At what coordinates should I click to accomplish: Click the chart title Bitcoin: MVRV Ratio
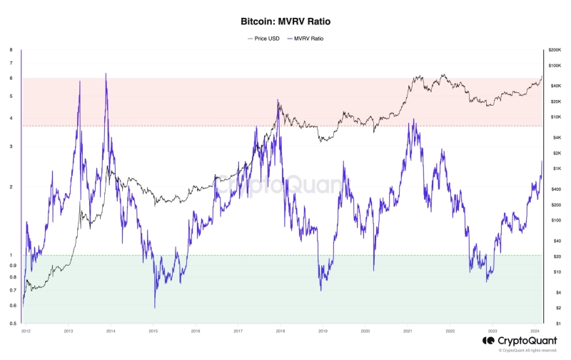point(285,22)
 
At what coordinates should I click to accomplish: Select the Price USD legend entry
point(263,38)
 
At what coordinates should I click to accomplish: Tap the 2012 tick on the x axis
point(26,331)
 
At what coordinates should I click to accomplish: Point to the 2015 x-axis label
point(153,331)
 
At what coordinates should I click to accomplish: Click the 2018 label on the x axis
point(281,331)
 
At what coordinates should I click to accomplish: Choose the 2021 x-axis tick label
point(408,331)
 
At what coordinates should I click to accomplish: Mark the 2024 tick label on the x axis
point(535,331)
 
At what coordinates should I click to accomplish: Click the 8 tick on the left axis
point(11,50)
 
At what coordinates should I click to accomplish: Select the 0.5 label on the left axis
point(11,324)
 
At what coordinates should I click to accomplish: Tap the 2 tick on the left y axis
point(11,187)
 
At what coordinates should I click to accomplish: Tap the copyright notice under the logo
point(528,351)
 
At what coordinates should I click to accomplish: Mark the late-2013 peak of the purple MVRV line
point(106,74)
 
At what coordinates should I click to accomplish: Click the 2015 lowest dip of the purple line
point(154,307)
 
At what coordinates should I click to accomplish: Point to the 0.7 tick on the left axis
point(11,290)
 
